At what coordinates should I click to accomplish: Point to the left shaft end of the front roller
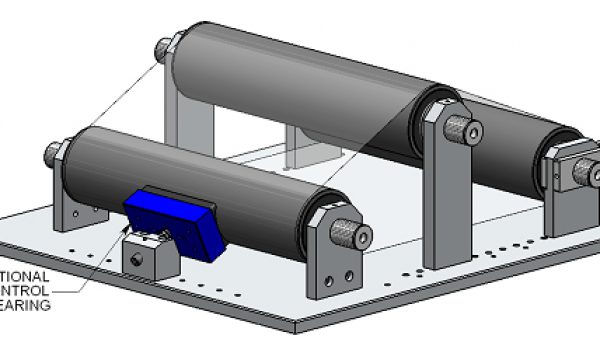tap(53, 154)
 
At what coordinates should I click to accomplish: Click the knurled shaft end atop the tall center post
tap(462, 128)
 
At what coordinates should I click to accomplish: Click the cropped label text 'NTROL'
tap(25, 290)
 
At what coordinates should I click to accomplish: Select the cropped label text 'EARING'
tap(25, 305)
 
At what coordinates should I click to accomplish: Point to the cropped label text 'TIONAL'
tap(25, 275)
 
